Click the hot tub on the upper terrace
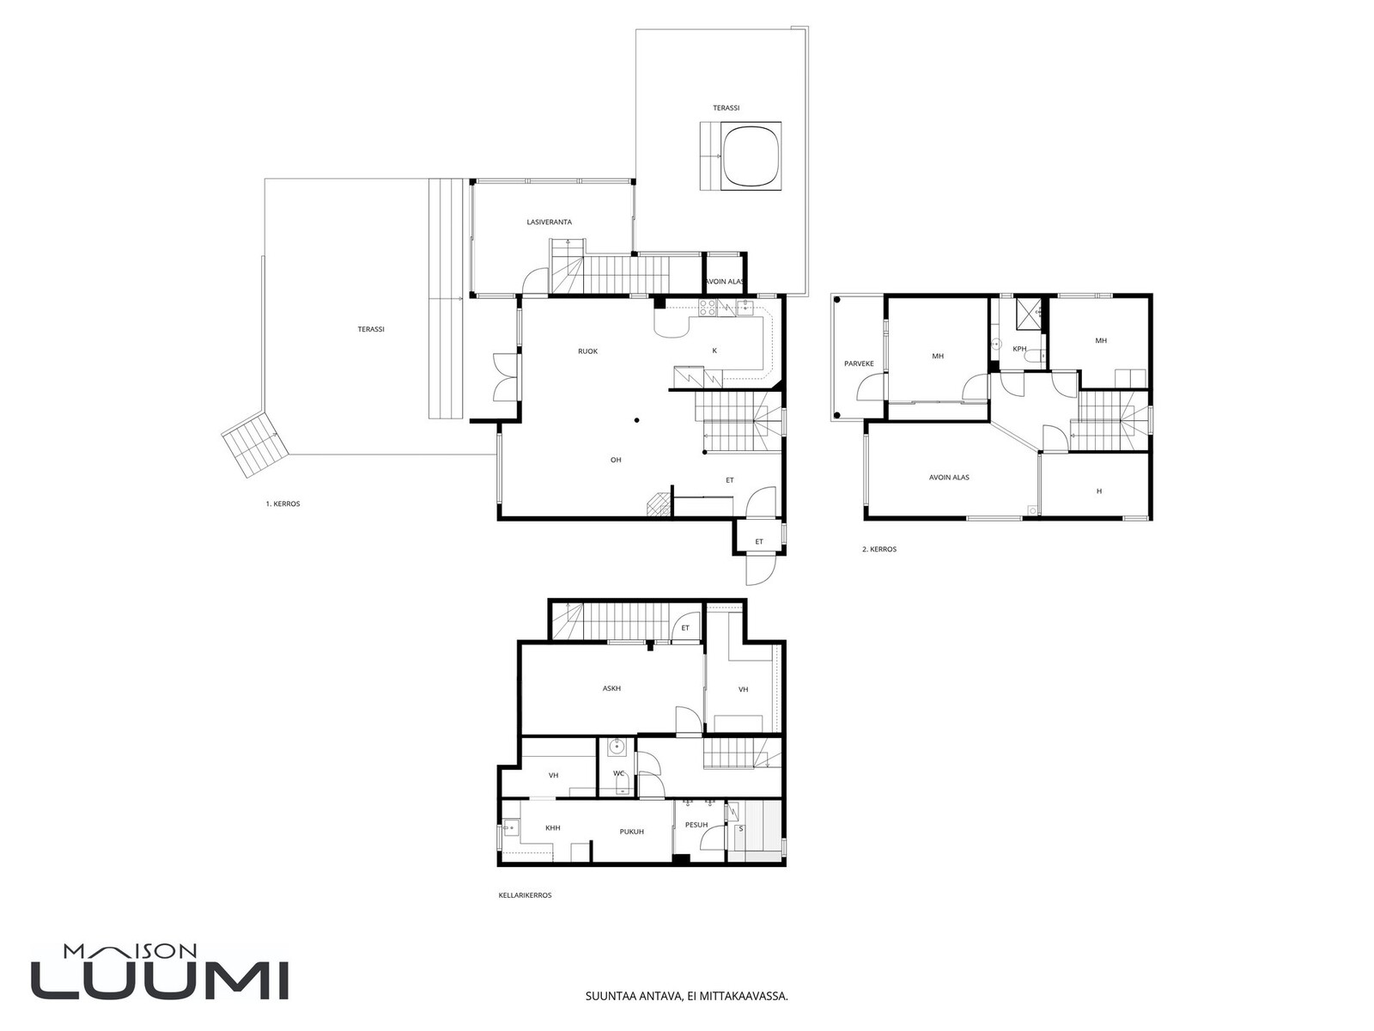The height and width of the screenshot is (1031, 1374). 751,156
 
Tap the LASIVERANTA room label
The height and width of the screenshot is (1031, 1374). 549,222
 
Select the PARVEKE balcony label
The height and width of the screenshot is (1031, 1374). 859,363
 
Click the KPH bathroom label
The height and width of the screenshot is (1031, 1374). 1019,349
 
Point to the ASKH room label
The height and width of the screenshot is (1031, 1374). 611,688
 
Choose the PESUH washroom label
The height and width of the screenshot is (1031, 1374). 696,825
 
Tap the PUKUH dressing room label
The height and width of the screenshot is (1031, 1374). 631,832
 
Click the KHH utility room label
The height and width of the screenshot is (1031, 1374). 553,827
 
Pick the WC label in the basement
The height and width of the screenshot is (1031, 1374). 618,773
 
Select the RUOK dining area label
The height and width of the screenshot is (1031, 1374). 587,351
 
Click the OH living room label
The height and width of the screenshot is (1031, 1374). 616,460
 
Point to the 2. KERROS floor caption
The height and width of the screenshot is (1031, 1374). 879,549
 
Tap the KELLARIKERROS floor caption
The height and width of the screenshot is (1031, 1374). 525,895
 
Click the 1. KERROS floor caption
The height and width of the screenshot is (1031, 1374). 283,503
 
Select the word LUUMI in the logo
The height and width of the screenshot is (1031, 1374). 160,979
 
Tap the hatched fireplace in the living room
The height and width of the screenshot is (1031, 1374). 660,504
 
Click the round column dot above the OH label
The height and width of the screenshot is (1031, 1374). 636,420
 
